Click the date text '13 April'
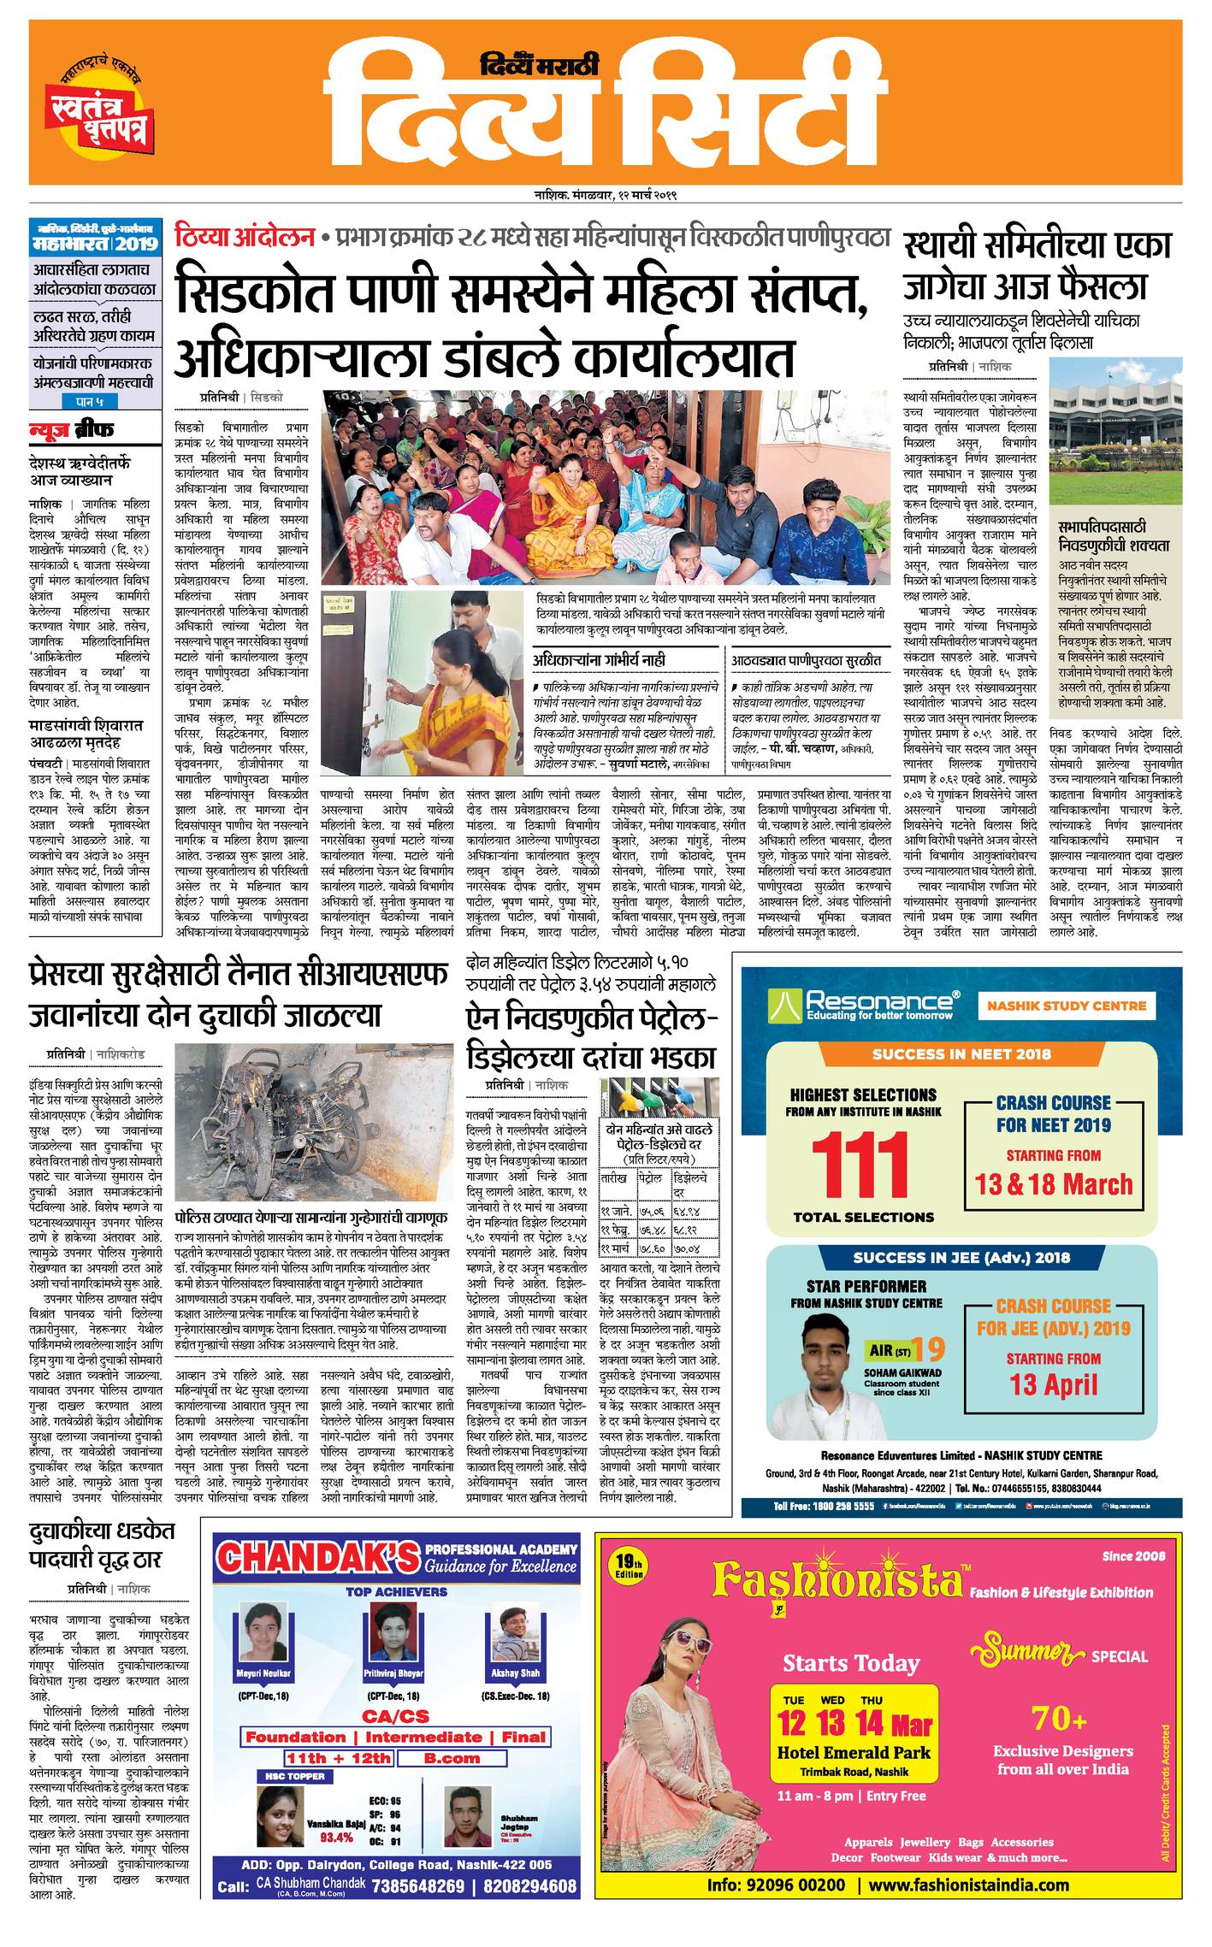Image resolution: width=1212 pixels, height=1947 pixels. (x=1053, y=1384)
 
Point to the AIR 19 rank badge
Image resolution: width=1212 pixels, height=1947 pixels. (x=906, y=1349)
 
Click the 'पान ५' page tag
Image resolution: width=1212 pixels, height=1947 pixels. (x=93, y=401)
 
